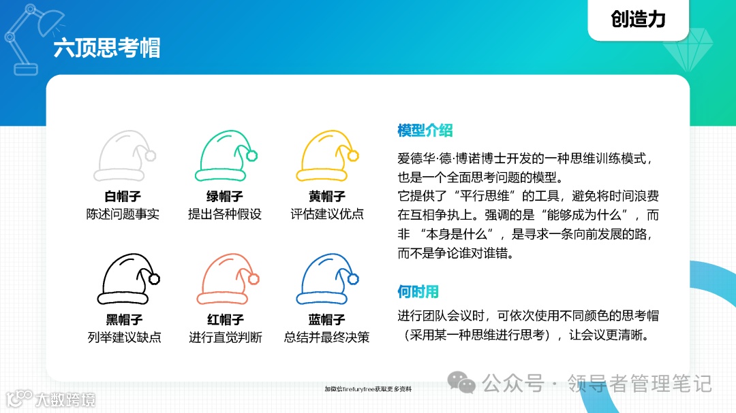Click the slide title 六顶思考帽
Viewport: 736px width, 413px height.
point(106,49)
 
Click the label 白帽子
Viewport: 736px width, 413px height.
point(123,197)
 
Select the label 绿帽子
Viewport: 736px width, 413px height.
point(225,197)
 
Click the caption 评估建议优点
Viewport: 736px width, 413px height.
point(327,214)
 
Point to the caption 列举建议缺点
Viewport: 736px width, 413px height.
point(124,337)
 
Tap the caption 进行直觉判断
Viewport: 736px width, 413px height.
point(226,337)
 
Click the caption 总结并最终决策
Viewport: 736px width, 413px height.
point(327,337)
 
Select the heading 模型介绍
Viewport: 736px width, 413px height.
point(425,131)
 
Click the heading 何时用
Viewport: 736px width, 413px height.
point(418,292)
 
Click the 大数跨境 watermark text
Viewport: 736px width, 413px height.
point(65,399)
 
